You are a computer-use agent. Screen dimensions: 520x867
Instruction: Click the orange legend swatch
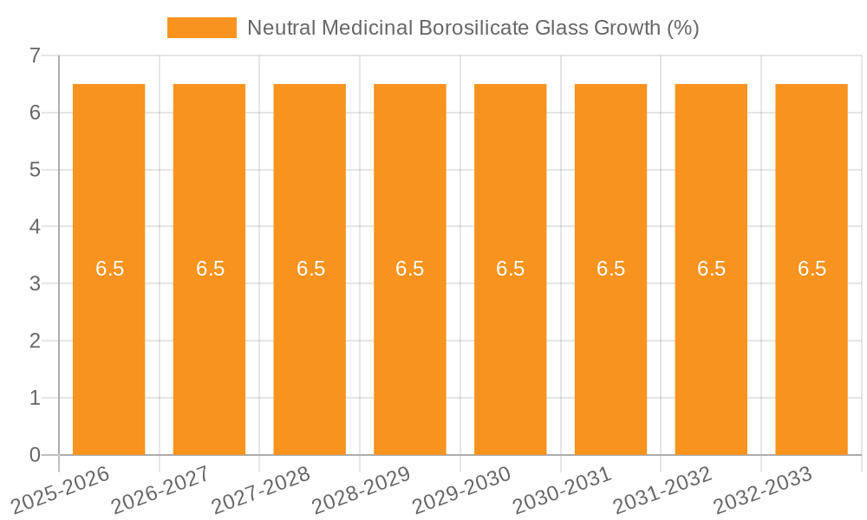201,28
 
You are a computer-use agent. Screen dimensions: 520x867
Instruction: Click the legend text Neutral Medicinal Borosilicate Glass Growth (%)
473,28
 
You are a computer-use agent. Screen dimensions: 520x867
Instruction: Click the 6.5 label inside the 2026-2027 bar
210,269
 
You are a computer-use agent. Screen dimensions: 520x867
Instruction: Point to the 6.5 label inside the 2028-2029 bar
410,269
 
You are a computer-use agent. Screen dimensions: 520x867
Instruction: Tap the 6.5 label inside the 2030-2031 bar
611,269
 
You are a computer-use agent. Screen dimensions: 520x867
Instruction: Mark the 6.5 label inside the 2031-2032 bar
711,269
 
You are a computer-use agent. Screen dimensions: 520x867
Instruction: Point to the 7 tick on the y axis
35,55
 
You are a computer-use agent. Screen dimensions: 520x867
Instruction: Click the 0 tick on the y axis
35,455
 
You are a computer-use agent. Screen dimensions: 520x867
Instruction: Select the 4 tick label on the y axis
35,227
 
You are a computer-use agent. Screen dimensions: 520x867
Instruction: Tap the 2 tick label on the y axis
35,341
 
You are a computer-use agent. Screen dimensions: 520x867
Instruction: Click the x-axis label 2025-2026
61,490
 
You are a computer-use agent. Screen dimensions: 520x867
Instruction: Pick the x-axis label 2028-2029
362,490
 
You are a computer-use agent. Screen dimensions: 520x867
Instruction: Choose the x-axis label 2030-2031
563,490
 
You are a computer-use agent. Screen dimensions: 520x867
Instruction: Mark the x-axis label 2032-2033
763,490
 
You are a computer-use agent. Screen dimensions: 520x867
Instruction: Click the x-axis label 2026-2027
161,490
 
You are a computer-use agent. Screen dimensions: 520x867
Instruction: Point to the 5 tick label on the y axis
35,170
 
